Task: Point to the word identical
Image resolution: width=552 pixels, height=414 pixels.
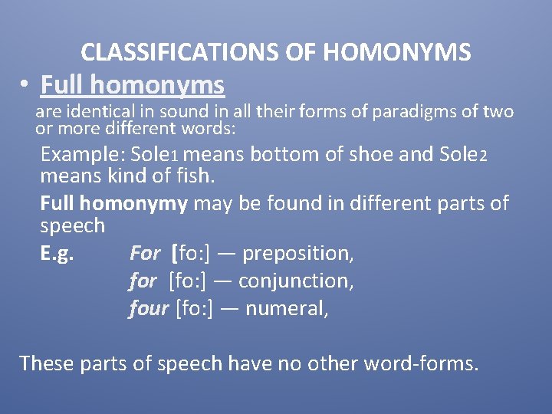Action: click(94, 112)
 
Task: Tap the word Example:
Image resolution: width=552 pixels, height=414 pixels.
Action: click(83, 154)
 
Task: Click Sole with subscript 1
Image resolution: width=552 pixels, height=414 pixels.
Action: click(154, 154)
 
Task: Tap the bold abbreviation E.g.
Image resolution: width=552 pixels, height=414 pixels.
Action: click(57, 253)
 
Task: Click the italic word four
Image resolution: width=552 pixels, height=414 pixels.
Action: click(149, 308)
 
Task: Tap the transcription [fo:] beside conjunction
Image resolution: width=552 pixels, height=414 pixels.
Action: click(189, 281)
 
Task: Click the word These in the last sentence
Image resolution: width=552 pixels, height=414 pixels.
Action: click(44, 362)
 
